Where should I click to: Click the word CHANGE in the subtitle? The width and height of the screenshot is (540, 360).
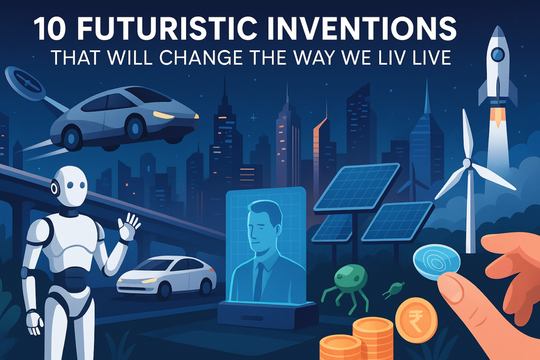[201, 58]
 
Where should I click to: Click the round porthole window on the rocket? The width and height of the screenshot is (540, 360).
[498, 54]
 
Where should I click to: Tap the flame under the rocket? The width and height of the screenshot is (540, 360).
[498, 118]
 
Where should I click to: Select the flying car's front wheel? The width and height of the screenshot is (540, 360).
[135, 128]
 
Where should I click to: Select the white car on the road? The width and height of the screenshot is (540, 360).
[166, 277]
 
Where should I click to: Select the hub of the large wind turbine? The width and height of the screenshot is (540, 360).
[467, 163]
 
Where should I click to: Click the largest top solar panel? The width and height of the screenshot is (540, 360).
[357, 187]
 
